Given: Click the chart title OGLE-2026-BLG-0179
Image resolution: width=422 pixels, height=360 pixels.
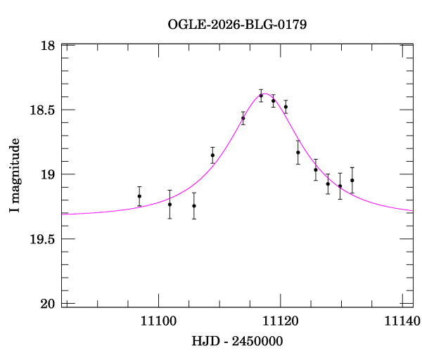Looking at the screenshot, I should pos(237,24).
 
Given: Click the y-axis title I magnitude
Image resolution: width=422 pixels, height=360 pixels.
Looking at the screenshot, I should pos(15,176).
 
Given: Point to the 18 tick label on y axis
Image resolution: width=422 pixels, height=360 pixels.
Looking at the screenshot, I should pos(48,46).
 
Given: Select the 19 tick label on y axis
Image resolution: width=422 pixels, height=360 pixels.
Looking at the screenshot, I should pos(48,174).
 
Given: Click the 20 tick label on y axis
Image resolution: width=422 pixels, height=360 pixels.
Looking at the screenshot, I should pos(48,304).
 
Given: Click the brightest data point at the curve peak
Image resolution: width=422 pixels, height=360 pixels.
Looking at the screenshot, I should pos(261,96).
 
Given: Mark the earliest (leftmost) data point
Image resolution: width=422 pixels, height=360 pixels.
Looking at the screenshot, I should pos(139,196).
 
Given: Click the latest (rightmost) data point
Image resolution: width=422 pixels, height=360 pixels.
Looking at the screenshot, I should pos(352,180).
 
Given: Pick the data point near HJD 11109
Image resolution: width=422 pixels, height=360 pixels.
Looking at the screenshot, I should pos(212,155).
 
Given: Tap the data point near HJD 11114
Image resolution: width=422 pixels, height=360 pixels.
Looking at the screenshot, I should pos(243,118).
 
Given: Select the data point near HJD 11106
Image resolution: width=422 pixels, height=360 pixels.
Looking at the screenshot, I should pos(194,205).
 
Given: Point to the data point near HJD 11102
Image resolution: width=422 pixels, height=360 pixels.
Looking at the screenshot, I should pos(170,204).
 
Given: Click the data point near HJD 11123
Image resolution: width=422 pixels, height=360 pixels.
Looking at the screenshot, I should pos(298,153).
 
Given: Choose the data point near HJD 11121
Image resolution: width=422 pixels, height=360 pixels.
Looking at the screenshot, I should pos(286,107).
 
